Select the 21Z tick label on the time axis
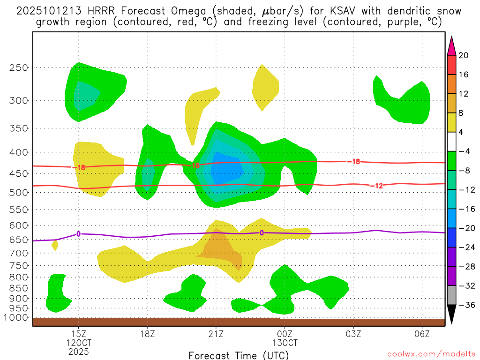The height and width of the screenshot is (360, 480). (216, 334)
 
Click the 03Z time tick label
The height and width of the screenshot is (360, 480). (353, 334)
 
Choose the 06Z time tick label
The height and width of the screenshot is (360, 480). (422, 334)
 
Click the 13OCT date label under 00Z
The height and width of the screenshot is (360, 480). (285, 343)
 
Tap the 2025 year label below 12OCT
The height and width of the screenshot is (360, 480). (78, 352)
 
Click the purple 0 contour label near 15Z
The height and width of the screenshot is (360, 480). (78, 234)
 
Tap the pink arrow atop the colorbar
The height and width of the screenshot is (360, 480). (451, 45)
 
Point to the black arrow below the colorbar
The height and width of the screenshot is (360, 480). (451, 315)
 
